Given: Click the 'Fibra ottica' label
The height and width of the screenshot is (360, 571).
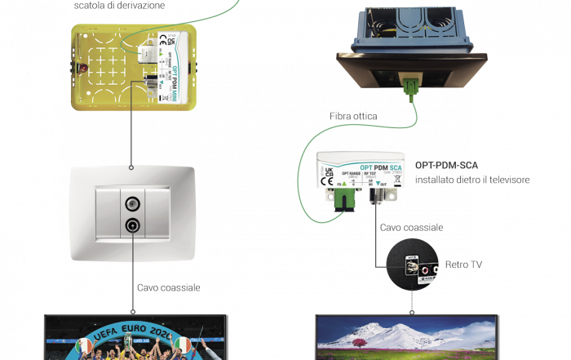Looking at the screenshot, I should [x=353, y=118].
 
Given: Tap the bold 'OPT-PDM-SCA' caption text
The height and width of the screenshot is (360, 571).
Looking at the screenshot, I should [x=448, y=164].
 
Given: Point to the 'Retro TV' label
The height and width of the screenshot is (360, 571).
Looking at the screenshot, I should [x=463, y=264].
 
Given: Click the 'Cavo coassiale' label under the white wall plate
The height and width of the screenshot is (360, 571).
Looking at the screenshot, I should [x=169, y=287].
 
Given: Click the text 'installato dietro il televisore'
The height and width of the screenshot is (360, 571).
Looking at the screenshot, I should [x=472, y=180].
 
